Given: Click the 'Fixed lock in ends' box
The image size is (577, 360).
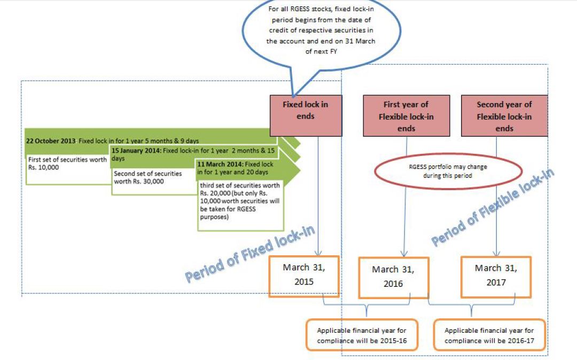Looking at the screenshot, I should tap(306, 115).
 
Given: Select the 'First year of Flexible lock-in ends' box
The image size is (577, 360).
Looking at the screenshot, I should tap(406, 116).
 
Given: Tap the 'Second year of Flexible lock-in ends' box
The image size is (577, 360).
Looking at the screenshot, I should tap(504, 116).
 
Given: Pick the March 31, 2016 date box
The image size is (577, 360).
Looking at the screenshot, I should tap(393, 277).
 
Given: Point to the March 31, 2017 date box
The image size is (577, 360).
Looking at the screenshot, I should tap(496, 275).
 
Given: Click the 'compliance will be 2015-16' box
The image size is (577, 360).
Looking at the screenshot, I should tap(362, 335).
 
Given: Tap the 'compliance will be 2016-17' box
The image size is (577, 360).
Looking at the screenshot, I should tap(489, 335).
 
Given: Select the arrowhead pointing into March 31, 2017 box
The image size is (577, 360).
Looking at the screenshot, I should tap(496, 255).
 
